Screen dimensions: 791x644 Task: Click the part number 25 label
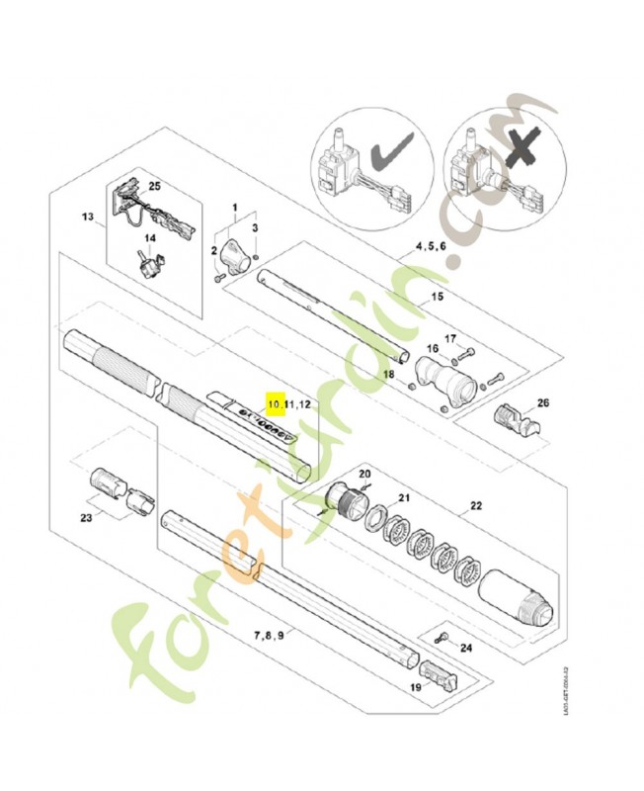[x=154, y=186]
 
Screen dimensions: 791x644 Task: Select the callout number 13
[x=87, y=217]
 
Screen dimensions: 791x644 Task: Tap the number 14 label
[x=152, y=238]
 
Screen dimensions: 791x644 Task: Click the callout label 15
[x=438, y=298]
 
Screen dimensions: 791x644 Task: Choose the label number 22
[x=476, y=506]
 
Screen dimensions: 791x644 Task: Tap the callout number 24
[x=466, y=649]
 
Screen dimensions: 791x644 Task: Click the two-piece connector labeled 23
[x=115, y=486]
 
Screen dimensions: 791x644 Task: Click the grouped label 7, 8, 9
[x=270, y=633]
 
